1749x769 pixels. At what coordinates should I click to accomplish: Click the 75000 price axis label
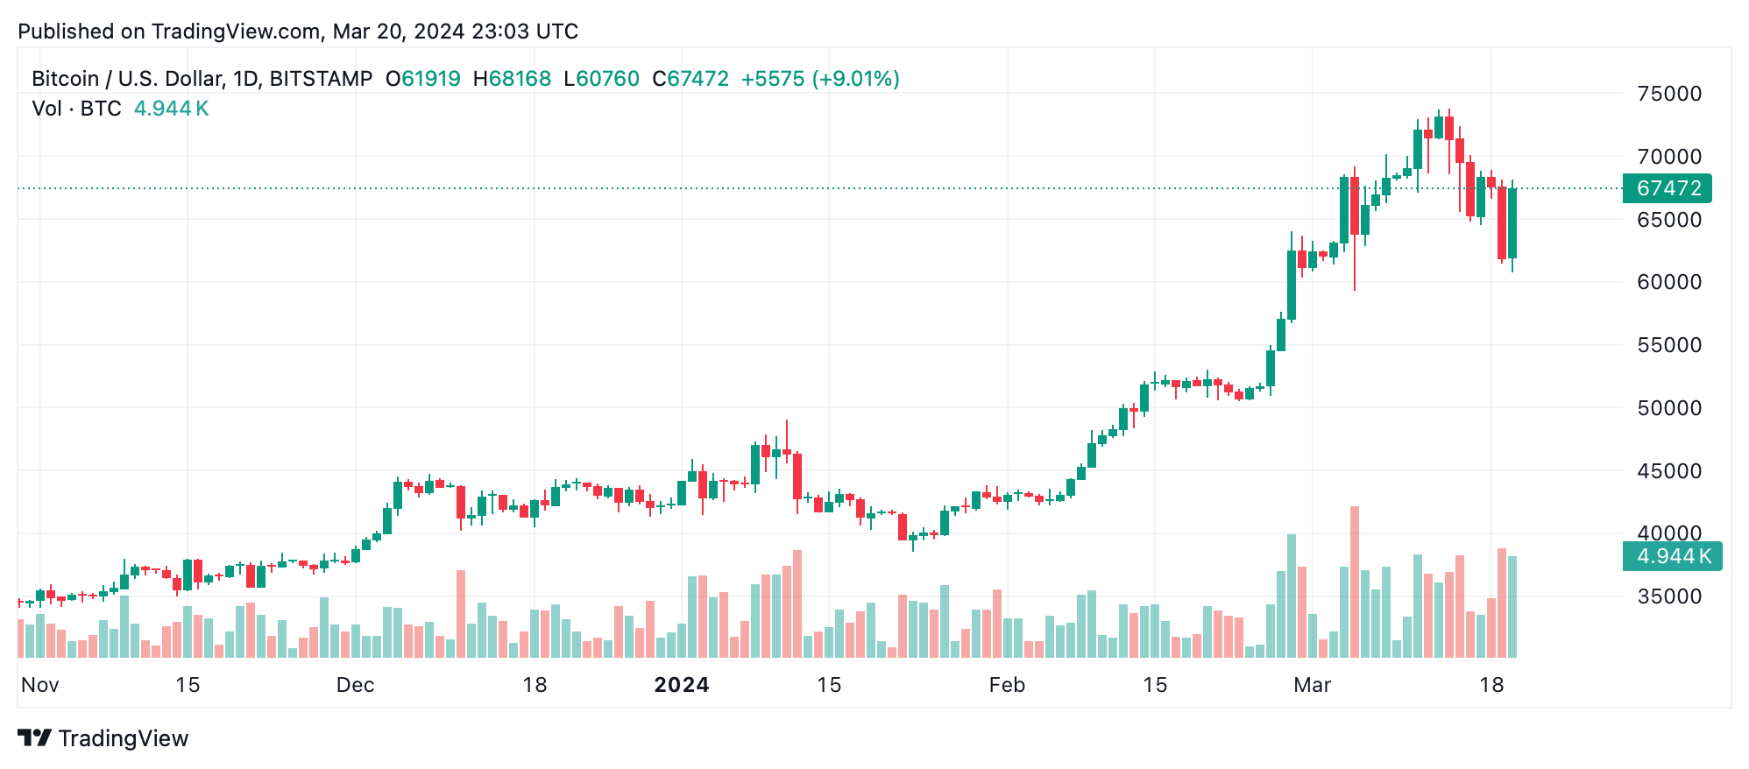tap(1669, 94)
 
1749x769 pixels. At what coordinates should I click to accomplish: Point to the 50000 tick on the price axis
tap(1669, 408)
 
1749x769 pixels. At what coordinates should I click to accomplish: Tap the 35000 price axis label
tap(1669, 596)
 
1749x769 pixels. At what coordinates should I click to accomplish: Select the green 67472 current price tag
tap(1668, 188)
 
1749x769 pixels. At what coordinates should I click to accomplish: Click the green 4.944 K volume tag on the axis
tap(1672, 556)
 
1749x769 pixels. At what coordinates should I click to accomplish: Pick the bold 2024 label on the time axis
tap(682, 685)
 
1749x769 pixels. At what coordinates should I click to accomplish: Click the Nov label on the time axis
tap(40, 685)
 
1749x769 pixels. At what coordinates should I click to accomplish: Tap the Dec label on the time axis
tap(355, 685)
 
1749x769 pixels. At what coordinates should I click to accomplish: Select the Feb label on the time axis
tap(1007, 685)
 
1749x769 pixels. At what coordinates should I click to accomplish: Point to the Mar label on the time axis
tap(1312, 685)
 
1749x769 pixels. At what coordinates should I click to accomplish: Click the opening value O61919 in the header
tap(423, 79)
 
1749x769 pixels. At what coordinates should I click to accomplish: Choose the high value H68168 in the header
tap(512, 79)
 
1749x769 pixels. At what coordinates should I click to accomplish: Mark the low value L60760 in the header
tap(601, 79)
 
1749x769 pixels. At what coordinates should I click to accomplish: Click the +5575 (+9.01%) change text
tap(820, 79)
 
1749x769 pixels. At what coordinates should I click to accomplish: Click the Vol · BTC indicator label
tap(76, 109)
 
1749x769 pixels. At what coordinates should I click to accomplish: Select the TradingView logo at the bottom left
tap(103, 738)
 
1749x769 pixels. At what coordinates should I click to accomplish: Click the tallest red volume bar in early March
tap(1355, 582)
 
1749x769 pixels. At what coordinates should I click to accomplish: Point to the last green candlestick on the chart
tap(1512, 223)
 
